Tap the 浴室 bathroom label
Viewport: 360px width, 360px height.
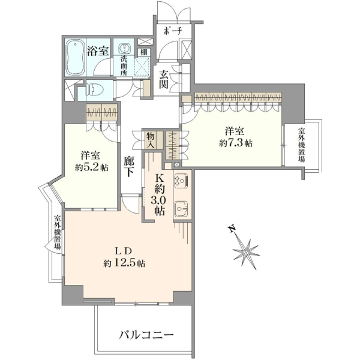coord(98,51)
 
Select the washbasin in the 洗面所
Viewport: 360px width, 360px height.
coord(124,48)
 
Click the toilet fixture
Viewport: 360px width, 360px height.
coord(93,90)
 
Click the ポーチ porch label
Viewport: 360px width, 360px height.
coord(173,31)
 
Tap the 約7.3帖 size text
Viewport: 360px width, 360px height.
coord(236,144)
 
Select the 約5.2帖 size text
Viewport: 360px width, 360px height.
coord(92,167)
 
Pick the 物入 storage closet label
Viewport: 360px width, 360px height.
coord(151,140)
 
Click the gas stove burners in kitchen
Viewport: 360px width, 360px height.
coord(182,180)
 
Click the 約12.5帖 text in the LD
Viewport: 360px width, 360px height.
coord(124,263)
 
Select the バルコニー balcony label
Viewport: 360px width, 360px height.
coord(146,336)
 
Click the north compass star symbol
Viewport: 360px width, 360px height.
coord(245,251)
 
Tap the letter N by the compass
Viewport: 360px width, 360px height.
coord(232,229)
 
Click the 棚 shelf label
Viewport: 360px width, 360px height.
coord(144,52)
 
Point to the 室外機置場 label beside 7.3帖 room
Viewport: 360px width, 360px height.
coord(301,145)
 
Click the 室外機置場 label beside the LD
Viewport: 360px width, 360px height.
coord(58,232)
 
